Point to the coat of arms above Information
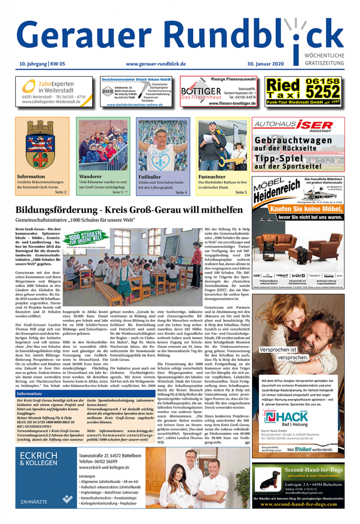click(x=42, y=143)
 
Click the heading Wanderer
click(x=91, y=177)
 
